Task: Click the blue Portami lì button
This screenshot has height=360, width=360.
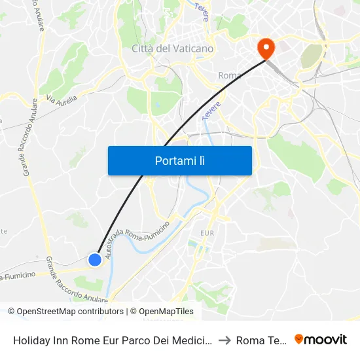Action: pyautogui.click(x=179, y=160)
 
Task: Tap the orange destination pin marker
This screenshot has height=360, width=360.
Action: pyautogui.click(x=266, y=47)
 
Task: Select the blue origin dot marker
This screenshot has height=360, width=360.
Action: pyautogui.click(x=95, y=260)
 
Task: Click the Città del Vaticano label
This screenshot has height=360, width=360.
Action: pyautogui.click(x=172, y=48)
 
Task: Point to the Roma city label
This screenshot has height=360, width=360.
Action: pyautogui.click(x=230, y=76)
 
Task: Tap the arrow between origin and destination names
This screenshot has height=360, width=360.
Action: pyautogui.click(x=223, y=340)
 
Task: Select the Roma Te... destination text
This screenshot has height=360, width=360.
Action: pyautogui.click(x=261, y=340)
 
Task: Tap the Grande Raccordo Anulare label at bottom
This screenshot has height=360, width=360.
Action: pyautogui.click(x=75, y=279)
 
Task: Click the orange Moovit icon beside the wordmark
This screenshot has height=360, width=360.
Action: pyautogui.click(x=300, y=339)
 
